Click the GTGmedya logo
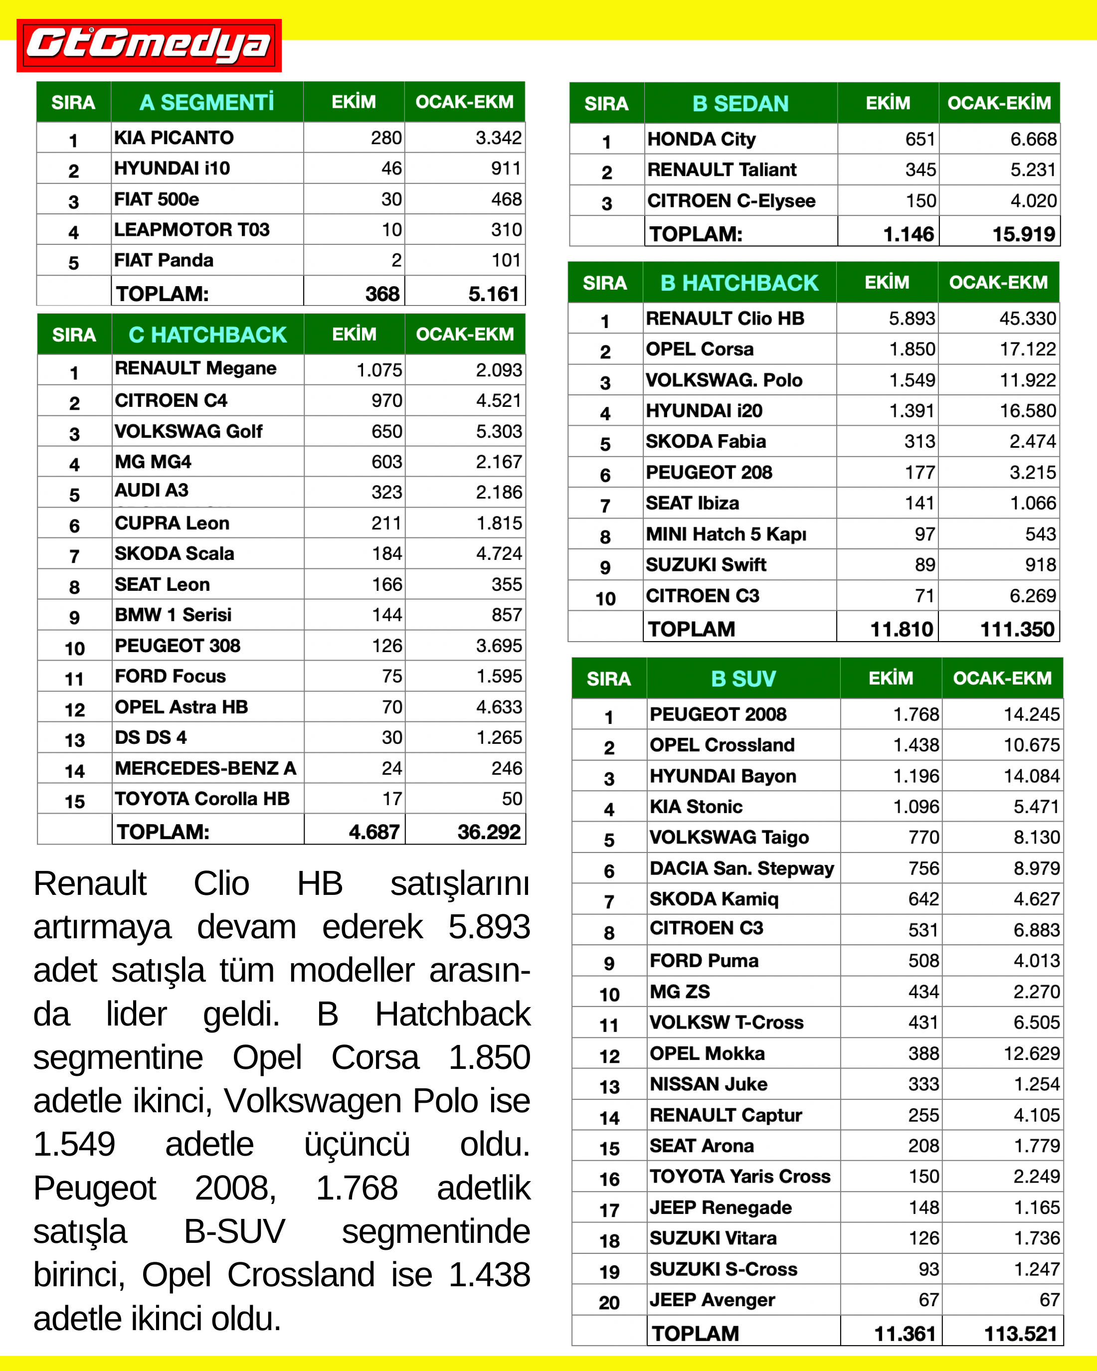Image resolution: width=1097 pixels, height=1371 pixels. pyautogui.click(x=149, y=45)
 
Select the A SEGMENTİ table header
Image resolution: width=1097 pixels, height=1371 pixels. pyautogui.click(x=206, y=102)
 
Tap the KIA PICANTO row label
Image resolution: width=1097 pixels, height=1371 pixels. pyautogui.click(x=174, y=138)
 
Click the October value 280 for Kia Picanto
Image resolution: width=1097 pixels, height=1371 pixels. pyautogui.click(x=386, y=138)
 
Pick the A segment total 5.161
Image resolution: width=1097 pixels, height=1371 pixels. pyautogui.click(x=494, y=294)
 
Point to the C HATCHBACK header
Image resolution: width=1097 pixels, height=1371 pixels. pyautogui.click(x=207, y=335)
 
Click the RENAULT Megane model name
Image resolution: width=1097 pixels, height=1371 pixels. pyautogui.click(x=195, y=369)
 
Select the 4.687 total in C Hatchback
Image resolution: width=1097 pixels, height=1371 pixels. pyautogui.click(x=374, y=832)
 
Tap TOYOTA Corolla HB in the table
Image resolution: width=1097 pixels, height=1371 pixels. pyautogui.click(x=201, y=799)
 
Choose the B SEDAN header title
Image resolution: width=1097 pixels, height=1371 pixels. pyautogui.click(x=740, y=104)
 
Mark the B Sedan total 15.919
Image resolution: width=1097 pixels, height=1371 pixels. pyautogui.click(x=1023, y=234)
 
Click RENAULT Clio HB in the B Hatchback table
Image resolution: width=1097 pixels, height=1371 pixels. pyautogui.click(x=725, y=319)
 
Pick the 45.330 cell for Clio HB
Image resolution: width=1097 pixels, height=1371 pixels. pyautogui.click(x=1027, y=319)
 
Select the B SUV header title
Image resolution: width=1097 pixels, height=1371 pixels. pyautogui.click(x=743, y=679)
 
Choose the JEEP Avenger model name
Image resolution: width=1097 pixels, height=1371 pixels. pyautogui.click(x=712, y=1300)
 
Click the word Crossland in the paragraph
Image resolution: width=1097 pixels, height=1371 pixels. pyautogui.click(x=301, y=1276)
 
